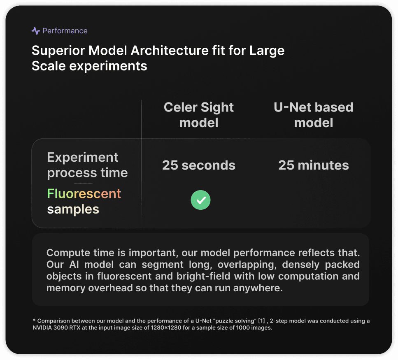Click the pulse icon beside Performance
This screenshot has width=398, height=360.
[x=36, y=31]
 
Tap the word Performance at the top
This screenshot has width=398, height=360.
[x=65, y=31]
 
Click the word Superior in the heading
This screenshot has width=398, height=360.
[x=58, y=51]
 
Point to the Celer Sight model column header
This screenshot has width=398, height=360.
[x=199, y=115]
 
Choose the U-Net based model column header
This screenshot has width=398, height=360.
[x=314, y=115]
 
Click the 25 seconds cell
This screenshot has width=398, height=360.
[x=199, y=165]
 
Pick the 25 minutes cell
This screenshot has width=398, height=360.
[x=314, y=165]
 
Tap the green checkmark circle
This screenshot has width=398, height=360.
[x=200, y=200]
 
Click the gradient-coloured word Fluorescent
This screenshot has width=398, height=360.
[x=84, y=193]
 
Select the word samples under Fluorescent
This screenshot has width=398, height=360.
[x=73, y=209]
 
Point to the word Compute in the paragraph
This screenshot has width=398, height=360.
[x=68, y=253]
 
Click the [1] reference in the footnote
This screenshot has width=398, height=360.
[x=261, y=321]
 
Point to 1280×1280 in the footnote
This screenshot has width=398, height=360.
[x=166, y=328]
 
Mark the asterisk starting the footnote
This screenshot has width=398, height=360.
[x=34, y=320]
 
